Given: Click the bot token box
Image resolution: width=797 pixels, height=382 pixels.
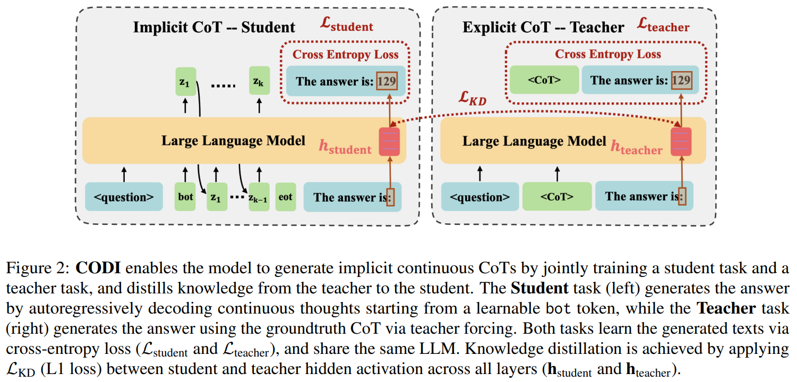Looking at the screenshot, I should click(x=185, y=197).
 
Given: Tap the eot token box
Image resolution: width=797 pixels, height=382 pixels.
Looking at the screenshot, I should click(x=285, y=197).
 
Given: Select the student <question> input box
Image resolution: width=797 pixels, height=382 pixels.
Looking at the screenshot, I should click(x=124, y=197).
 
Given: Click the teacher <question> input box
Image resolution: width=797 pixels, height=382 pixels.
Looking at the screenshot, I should click(x=479, y=197).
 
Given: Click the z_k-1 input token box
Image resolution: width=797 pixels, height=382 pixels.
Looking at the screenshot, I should click(x=259, y=197).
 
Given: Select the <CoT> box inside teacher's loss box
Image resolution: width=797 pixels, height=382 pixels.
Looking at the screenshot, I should click(x=544, y=80).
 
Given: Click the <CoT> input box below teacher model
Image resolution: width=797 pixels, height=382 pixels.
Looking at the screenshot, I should click(x=556, y=196).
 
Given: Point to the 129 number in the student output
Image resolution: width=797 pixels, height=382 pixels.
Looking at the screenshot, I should click(x=387, y=81).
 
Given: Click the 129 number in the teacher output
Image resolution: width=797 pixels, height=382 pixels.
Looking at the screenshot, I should click(x=681, y=81).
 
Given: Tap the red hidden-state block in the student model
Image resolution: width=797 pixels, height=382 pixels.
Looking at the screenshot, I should click(x=389, y=142).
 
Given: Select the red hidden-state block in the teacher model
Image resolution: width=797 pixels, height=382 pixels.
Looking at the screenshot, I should click(x=681, y=142).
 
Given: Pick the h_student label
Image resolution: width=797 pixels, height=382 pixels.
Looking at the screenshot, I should click(x=345, y=147).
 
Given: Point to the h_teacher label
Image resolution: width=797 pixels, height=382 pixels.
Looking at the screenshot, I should click(x=636, y=147).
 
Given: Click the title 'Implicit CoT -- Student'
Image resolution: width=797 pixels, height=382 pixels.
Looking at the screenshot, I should click(x=214, y=27).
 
